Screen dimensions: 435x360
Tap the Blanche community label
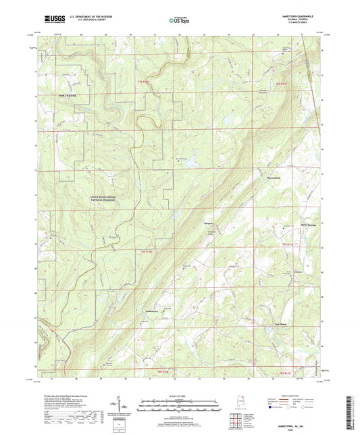tap(209, 221)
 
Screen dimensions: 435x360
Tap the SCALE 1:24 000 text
tap(180, 395)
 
